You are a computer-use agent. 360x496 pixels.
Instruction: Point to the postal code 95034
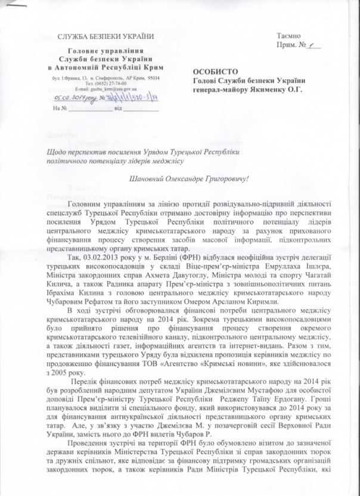[x=153, y=78]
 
